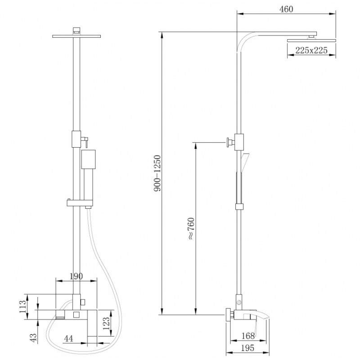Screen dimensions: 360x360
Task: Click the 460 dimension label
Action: (286, 9)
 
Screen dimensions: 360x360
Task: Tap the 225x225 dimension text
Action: (311, 50)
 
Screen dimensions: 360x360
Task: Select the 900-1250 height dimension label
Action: (157, 173)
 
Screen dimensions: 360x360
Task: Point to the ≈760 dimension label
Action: (191, 229)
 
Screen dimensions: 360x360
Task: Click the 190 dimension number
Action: (76, 276)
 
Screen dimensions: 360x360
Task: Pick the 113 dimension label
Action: (23, 306)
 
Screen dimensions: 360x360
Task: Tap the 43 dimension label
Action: (33, 338)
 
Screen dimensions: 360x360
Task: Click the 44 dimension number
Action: (68, 338)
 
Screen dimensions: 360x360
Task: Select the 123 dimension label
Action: (106, 324)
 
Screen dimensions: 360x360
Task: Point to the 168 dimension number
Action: (248, 336)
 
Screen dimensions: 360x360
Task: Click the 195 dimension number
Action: (247, 348)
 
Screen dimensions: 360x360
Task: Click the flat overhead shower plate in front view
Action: (76, 36)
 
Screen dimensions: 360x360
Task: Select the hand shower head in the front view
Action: (88, 159)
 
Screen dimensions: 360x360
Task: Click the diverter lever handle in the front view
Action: (85, 141)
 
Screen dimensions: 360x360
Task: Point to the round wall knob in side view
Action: (228, 142)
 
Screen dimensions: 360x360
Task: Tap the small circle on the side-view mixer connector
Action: (239, 302)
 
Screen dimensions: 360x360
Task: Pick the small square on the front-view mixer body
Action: (76, 315)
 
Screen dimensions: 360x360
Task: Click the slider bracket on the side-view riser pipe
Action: (239, 207)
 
